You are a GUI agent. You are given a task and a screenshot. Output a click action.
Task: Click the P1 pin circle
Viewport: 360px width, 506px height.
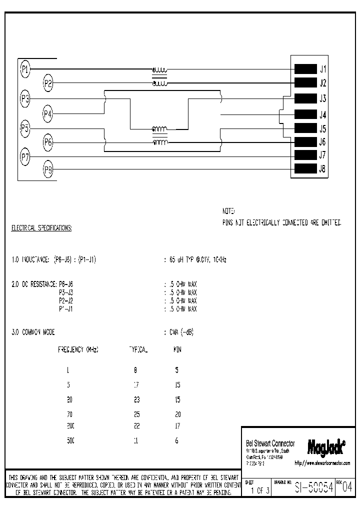tap(25, 69)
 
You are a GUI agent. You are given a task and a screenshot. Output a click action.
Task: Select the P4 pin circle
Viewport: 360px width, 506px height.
tap(48, 114)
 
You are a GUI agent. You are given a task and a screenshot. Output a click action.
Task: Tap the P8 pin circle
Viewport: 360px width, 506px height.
tap(48, 169)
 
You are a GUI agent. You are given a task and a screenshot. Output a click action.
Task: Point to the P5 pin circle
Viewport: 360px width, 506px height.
tap(25, 128)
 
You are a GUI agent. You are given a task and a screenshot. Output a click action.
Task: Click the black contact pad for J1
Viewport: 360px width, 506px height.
tap(305, 69)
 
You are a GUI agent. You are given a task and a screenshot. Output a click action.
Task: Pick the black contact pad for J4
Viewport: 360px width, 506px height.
tap(305, 114)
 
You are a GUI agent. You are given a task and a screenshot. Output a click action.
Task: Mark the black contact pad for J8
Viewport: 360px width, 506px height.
tap(305, 168)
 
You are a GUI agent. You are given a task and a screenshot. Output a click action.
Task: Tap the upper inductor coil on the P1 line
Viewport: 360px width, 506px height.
tap(159, 70)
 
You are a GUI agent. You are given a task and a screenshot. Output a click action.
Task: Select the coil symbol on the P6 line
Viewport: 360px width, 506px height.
tap(159, 143)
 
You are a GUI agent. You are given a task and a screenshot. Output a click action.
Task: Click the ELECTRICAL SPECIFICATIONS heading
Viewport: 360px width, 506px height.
tap(41, 228)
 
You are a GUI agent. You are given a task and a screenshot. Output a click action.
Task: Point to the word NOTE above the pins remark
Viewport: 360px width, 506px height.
tap(228, 211)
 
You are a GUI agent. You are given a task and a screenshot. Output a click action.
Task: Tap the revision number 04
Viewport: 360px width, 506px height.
tap(348, 488)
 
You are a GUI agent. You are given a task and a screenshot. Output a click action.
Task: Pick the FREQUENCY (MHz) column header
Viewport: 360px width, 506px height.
tap(78, 349)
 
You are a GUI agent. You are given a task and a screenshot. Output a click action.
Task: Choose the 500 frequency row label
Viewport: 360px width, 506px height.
tap(70, 441)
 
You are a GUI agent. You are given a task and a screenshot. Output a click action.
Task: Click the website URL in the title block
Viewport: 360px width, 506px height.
tap(322, 463)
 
